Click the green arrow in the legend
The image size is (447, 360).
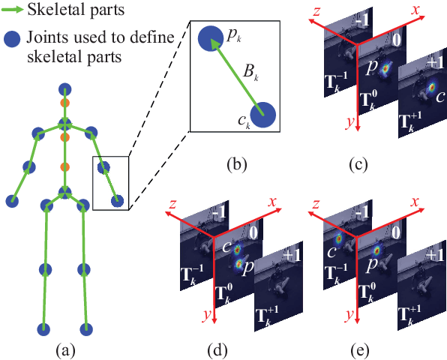[12, 10]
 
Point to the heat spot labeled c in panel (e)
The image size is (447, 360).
[339, 239]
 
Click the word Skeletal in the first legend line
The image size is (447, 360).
[51, 10]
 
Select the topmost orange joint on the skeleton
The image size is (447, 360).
[65, 103]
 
